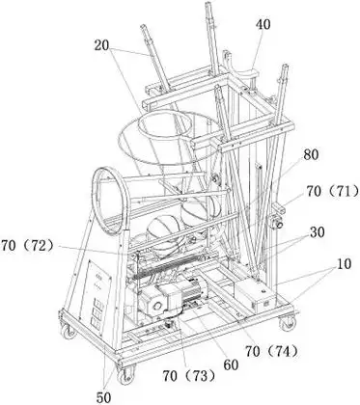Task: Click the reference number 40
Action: (263, 24)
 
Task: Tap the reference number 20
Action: (102, 45)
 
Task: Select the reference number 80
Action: (311, 155)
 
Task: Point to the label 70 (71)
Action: (332, 192)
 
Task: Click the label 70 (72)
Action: (27, 246)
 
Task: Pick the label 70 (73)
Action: (188, 375)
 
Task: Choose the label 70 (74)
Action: (271, 351)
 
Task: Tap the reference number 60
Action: (230, 364)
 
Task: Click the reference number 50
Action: (103, 397)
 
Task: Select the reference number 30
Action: (317, 232)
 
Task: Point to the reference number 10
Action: (344, 264)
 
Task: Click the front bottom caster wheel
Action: (125, 375)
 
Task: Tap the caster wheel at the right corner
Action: (288, 322)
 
